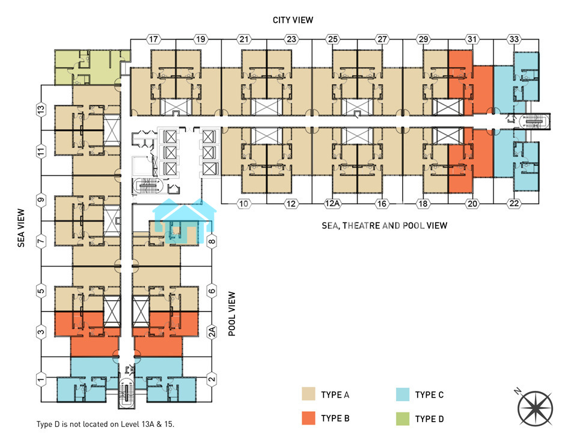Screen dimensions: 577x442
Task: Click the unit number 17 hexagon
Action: point(153,39)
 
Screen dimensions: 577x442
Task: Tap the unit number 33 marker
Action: point(514,39)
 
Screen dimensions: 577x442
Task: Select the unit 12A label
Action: point(332,203)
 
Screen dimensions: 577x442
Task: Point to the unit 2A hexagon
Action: point(212,332)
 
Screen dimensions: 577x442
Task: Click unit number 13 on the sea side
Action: point(41,109)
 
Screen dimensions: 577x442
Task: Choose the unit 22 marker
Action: point(514,203)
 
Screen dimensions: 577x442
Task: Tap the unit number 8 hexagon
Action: point(212,242)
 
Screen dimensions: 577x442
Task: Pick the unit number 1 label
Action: point(41,379)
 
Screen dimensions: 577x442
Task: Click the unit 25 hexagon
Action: point(332,39)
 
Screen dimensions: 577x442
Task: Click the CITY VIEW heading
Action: point(293,20)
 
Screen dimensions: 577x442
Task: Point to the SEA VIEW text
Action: point(21,228)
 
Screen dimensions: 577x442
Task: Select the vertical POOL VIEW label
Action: point(232,314)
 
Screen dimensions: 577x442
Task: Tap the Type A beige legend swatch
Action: point(308,394)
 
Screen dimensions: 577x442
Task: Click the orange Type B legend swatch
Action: point(308,418)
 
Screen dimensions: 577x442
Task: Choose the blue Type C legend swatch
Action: point(403,394)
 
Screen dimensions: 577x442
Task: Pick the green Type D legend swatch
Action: point(403,419)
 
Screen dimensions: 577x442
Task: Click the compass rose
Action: point(535,408)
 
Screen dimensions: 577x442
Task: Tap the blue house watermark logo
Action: point(184,221)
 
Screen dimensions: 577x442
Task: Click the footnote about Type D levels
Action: point(105,425)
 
